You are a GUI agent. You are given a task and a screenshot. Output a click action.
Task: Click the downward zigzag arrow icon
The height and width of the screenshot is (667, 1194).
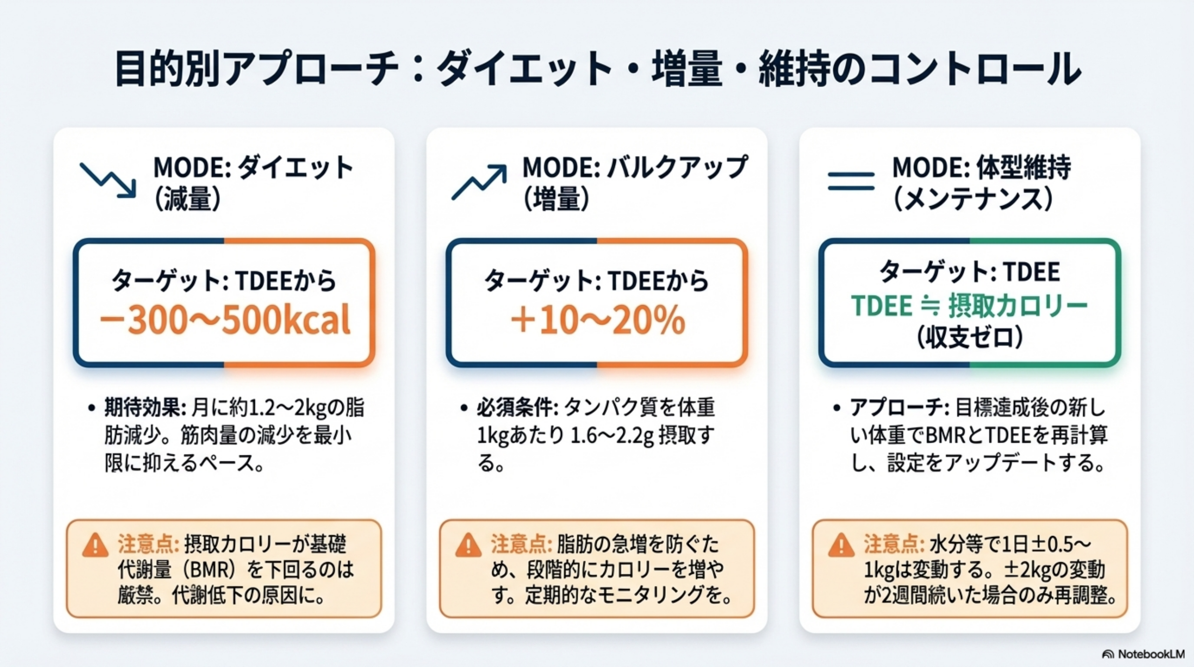[108, 181]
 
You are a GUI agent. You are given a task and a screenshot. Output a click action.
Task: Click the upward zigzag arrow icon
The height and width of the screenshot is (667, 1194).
[479, 182]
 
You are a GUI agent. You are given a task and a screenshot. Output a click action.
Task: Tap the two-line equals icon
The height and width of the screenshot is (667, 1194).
[851, 181]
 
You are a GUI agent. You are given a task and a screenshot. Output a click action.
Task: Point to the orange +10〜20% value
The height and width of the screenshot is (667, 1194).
[598, 321]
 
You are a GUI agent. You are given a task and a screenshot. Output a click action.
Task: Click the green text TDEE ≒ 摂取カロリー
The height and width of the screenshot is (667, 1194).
[970, 306]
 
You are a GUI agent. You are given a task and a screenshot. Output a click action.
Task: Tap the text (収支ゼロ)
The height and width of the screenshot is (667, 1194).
[970, 337]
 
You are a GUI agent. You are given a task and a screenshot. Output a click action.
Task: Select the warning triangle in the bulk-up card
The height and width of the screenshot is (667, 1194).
[468, 545]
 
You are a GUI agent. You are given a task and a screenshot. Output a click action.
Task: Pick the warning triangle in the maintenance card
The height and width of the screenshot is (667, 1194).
[841, 545]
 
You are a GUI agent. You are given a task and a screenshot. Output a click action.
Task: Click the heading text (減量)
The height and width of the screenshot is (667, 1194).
[187, 200]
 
